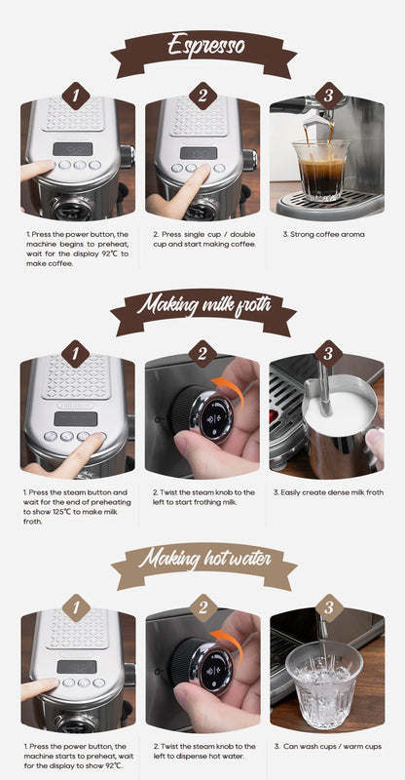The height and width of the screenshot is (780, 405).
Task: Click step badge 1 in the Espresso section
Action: [76, 96]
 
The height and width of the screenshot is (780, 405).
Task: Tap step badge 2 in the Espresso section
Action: [202, 96]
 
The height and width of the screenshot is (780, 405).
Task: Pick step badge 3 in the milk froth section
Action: [328, 354]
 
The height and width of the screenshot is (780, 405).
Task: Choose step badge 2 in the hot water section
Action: [202, 608]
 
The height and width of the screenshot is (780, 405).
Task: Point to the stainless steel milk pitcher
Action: [337, 424]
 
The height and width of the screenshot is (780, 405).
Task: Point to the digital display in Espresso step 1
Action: [74, 149]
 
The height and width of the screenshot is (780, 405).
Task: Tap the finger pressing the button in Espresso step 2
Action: [190, 185]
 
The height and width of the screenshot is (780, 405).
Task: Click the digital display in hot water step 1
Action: [76, 667]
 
